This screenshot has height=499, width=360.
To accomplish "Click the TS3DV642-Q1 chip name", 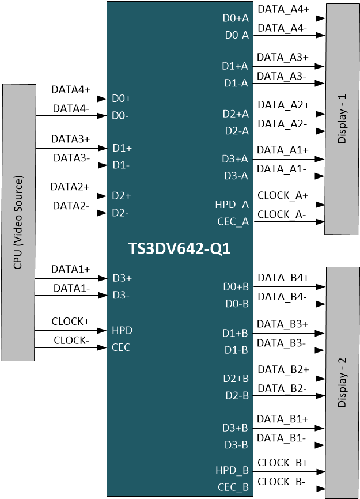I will point(179,249).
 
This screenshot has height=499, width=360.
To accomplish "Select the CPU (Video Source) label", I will point(18,222).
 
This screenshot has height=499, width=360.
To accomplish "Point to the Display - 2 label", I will point(342,383).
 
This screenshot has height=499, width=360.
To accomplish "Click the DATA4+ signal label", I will point(71,90).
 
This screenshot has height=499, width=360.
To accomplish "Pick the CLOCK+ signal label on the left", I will point(71,322).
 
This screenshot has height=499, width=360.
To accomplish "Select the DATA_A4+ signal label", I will point(283,9).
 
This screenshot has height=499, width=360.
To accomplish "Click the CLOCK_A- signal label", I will point(282,214).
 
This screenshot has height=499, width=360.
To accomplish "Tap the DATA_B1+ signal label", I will point(283,419).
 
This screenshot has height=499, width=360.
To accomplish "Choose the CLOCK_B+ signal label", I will point(283,463).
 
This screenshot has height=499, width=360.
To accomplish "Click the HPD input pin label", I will point(122,330).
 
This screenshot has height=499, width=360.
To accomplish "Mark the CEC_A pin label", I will point(233,221).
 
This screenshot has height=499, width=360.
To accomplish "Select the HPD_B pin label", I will point(232,470).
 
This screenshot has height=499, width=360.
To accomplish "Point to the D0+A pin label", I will point(236,18).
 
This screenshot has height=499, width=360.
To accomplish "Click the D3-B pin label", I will point(236,445).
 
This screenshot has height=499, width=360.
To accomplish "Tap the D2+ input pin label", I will point(122,196).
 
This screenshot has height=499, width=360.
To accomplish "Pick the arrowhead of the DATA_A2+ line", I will point(321,114).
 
